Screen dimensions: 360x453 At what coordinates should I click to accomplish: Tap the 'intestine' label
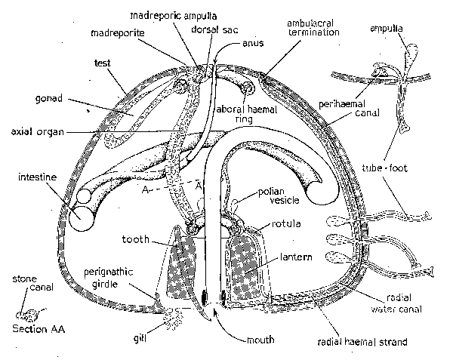tap(37, 178)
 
